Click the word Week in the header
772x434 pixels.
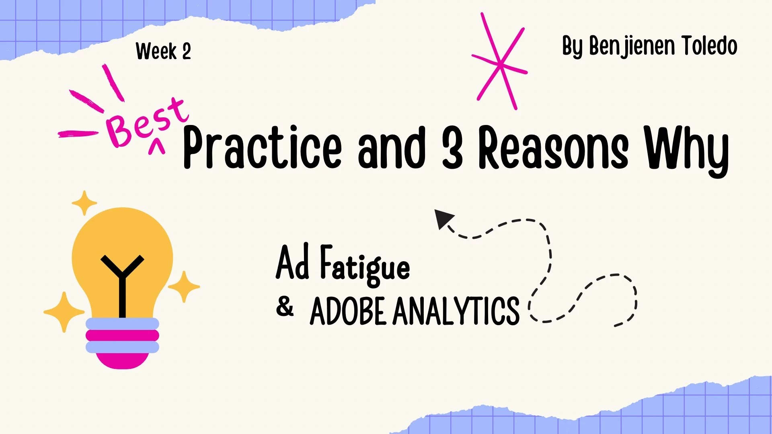(156, 51)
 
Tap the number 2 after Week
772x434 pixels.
(187, 51)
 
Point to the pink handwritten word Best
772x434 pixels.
(147, 122)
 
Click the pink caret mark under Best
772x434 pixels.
(156, 147)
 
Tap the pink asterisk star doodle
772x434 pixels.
(500, 61)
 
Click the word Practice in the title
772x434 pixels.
(262, 147)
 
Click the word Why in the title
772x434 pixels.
(686, 151)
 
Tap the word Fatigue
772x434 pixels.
(365, 265)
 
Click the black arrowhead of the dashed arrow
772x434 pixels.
(443, 218)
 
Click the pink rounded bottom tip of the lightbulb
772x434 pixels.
(122, 361)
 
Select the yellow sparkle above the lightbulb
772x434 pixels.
(84, 203)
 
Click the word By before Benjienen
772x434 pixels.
(572, 46)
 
